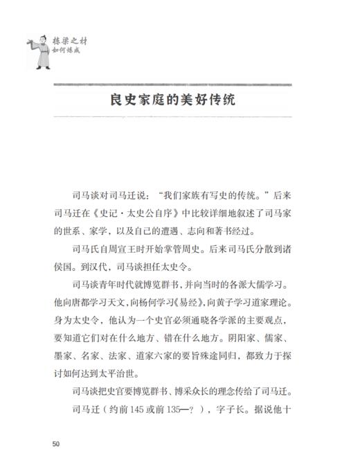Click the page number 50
click(55, 441)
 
